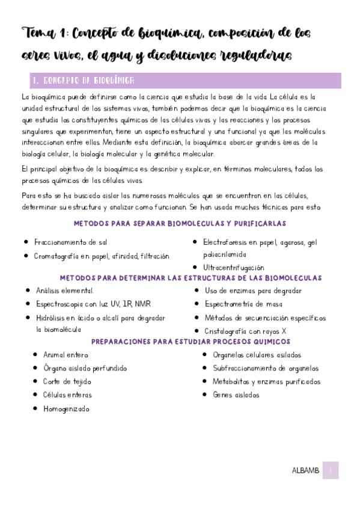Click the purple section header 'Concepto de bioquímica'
click(x=84, y=81)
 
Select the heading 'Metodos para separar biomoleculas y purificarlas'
click(x=179, y=224)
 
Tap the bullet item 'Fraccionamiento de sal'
click(x=70, y=242)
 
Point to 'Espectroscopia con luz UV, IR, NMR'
click(x=94, y=304)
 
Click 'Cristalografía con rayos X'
click(x=245, y=331)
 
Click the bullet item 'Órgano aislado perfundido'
click(x=85, y=368)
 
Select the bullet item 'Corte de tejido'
click(x=67, y=381)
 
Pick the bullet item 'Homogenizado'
click(x=66, y=408)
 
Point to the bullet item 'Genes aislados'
click(x=236, y=395)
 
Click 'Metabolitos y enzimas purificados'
click(x=266, y=381)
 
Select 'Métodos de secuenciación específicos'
click(x=265, y=318)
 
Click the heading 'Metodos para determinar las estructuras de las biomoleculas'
click(x=191, y=278)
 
